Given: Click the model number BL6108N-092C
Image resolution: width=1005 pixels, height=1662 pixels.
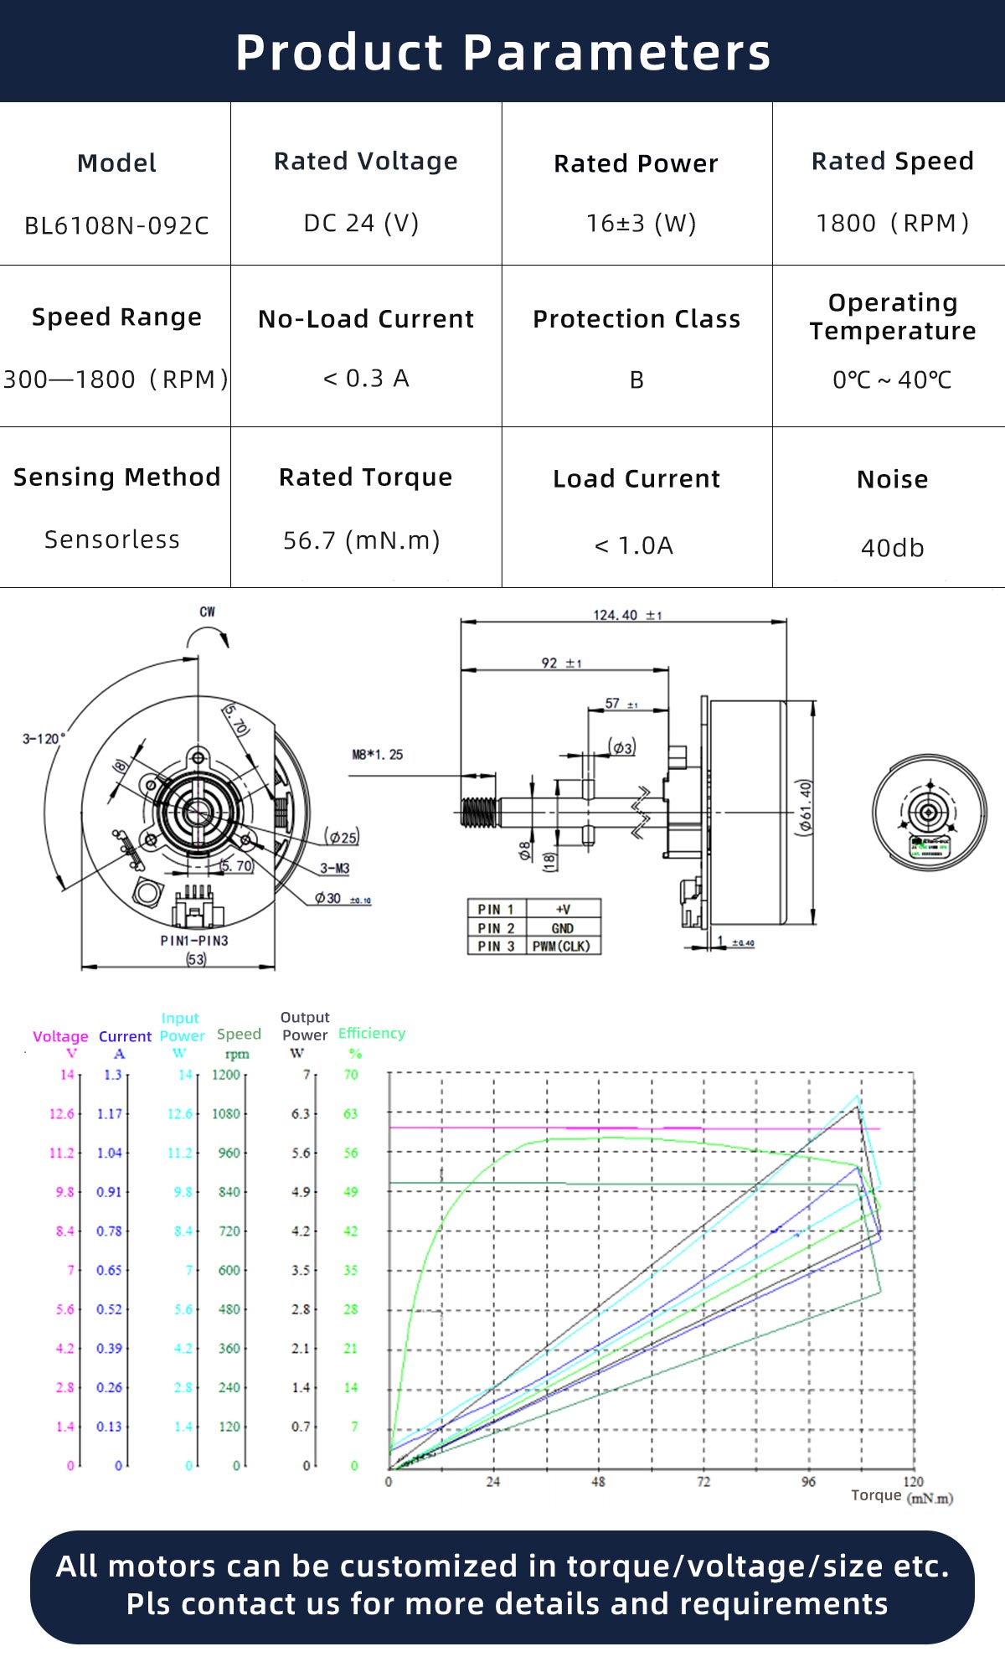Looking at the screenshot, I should (x=116, y=225).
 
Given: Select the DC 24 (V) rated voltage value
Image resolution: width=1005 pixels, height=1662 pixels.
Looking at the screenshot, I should (x=361, y=223).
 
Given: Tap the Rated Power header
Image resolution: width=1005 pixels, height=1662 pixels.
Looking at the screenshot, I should (x=636, y=163).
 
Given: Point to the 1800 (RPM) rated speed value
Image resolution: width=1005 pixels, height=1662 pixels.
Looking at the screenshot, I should (x=892, y=223).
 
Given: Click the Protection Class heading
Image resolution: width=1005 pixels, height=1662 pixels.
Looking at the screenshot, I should (x=636, y=319).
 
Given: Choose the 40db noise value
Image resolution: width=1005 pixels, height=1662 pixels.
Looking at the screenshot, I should (x=892, y=548).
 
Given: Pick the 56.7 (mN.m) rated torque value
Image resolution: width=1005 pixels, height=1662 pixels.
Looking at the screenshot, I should (x=361, y=540).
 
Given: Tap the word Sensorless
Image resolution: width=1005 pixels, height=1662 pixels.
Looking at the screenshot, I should (x=112, y=539).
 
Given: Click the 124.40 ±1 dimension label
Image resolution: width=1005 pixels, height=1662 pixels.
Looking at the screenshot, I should (x=626, y=615).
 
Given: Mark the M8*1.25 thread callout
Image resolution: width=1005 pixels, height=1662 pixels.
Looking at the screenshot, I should (x=377, y=755).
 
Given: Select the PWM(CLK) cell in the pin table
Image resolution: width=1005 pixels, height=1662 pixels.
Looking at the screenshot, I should (x=561, y=946).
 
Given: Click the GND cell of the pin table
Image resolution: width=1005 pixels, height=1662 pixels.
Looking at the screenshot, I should (x=562, y=928).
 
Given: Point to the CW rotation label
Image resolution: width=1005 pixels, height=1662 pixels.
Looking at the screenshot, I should (x=207, y=612).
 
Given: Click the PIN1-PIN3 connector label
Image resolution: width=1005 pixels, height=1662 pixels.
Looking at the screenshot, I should (x=194, y=941).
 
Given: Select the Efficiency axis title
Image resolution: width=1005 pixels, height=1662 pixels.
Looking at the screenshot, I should (x=371, y=1033).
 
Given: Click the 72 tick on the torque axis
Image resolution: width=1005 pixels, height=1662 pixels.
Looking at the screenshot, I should (x=703, y=1481).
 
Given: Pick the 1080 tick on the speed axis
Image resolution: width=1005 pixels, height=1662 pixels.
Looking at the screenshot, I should (x=226, y=1113).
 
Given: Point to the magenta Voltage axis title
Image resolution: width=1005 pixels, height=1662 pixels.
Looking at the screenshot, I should (x=60, y=1036).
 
